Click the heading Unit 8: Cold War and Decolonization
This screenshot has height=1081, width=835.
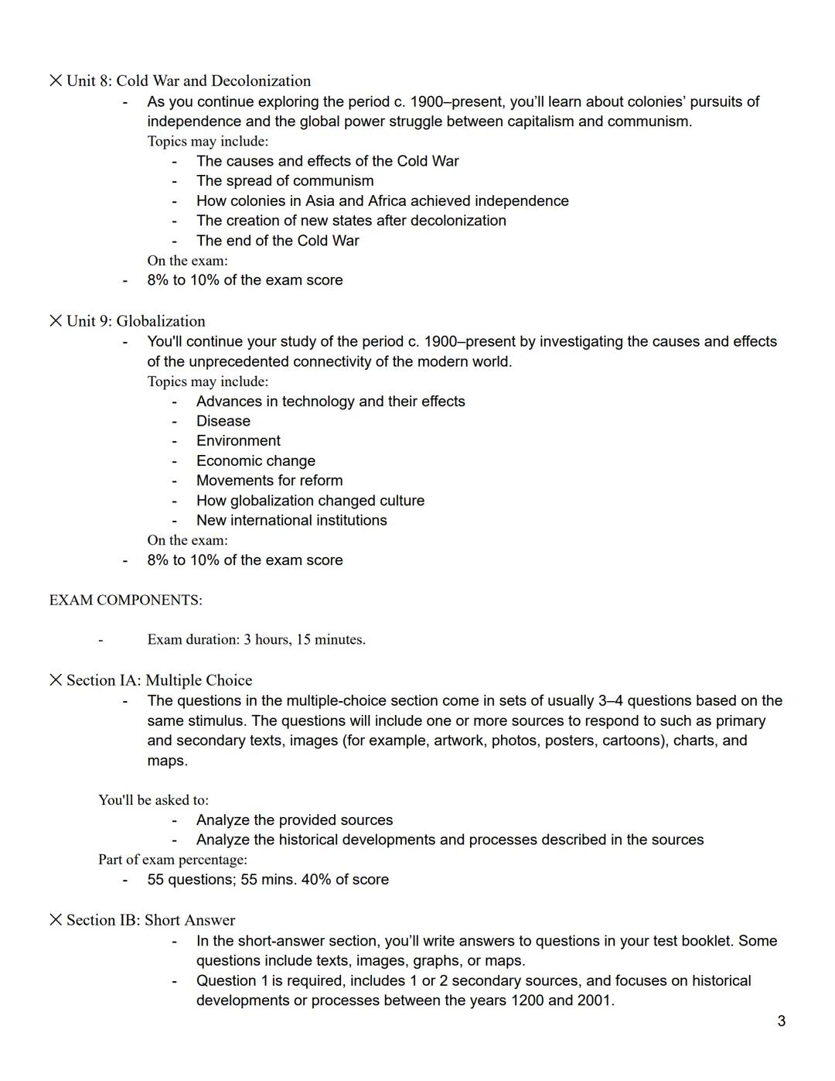click(188, 81)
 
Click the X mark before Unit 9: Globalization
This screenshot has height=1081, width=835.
click(56, 321)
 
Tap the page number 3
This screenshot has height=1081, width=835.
click(781, 1021)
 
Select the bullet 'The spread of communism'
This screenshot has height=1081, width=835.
click(285, 181)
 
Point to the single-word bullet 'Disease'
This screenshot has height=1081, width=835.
click(223, 421)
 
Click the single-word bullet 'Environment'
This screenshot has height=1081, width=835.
click(238, 441)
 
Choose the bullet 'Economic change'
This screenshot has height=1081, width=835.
click(256, 461)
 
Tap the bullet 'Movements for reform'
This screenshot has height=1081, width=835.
click(269, 481)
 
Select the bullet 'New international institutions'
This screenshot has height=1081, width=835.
click(291, 521)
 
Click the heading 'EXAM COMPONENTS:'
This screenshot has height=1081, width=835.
click(125, 600)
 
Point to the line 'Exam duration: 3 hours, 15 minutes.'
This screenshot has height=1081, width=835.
click(256, 640)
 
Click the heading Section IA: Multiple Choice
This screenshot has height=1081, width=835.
click(158, 680)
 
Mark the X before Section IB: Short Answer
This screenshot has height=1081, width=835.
click(56, 920)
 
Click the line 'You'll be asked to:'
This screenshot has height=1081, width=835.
click(153, 800)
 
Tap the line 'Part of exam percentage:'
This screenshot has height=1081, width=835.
click(172, 860)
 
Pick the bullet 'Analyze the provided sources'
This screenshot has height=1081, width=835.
click(294, 820)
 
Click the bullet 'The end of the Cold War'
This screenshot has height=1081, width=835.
click(278, 241)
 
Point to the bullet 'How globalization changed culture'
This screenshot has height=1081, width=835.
click(310, 501)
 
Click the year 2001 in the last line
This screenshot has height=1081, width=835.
click(594, 1001)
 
